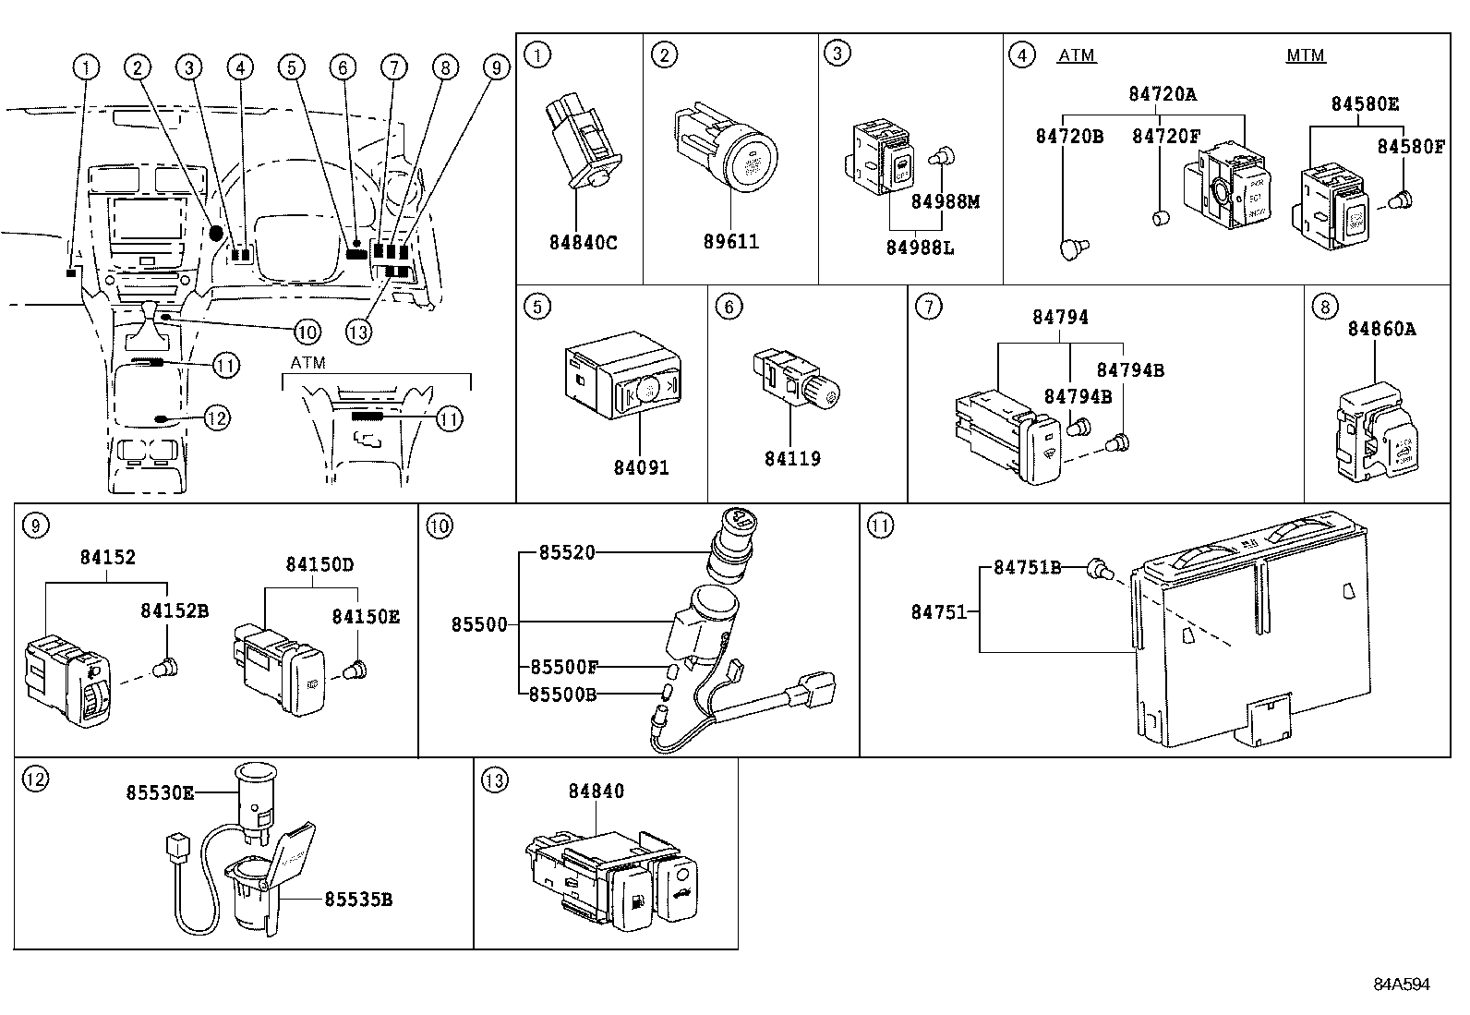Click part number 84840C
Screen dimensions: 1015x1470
[x=583, y=243]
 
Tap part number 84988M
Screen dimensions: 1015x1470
[x=945, y=201]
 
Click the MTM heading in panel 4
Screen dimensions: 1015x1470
[x=1306, y=55]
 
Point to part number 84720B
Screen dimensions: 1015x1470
[x=1069, y=136]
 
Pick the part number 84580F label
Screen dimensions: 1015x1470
[x=1411, y=146]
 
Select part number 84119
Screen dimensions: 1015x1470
[x=792, y=458]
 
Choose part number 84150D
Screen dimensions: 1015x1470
[x=319, y=563]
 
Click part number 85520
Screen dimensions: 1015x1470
[x=567, y=552]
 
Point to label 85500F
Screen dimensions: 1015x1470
[x=563, y=666]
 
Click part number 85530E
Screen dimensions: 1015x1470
[x=160, y=792]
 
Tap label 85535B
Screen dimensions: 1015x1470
[x=357, y=899]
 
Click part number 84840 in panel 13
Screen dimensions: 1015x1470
[x=596, y=791]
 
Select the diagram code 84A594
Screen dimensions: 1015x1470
[x=1401, y=985]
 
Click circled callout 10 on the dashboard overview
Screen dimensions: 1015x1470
[x=307, y=332]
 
